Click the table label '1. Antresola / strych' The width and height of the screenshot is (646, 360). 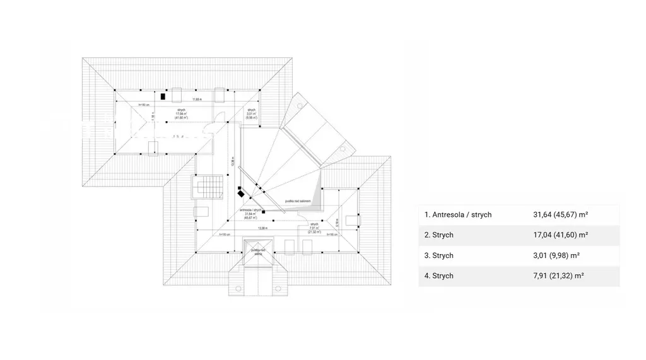tap(458, 214)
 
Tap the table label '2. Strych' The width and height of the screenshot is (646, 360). tap(439, 235)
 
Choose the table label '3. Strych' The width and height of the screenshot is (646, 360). tap(439, 255)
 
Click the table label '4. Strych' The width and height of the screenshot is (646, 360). tap(439, 276)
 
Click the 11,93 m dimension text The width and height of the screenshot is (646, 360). tap(197, 100)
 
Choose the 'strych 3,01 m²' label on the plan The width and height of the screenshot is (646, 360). tap(251, 113)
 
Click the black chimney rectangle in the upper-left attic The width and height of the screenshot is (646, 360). tap(162, 97)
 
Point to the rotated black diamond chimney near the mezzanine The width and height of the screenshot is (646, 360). tap(241, 195)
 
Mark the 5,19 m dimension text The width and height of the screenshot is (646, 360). tap(338, 222)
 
